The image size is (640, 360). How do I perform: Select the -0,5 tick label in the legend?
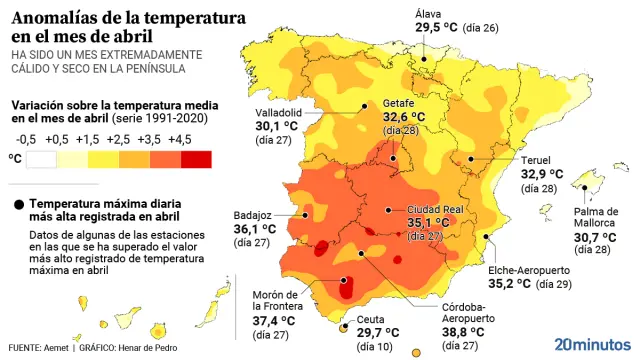pyautogui.click(x=26, y=138)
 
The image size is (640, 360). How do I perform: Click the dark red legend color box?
pyautogui.click(x=196, y=158)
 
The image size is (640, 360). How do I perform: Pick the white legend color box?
pyautogui.click(x=42, y=158)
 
